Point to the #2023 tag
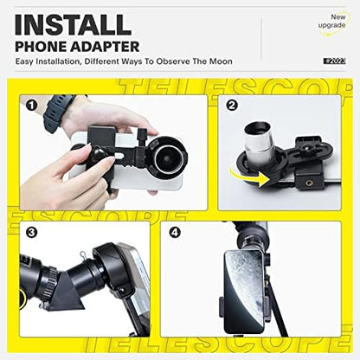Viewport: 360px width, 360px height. pyautogui.click(x=333, y=61)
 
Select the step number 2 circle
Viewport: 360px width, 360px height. pyautogui.click(x=231, y=106)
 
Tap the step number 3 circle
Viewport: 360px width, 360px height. pyautogui.click(x=32, y=232)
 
